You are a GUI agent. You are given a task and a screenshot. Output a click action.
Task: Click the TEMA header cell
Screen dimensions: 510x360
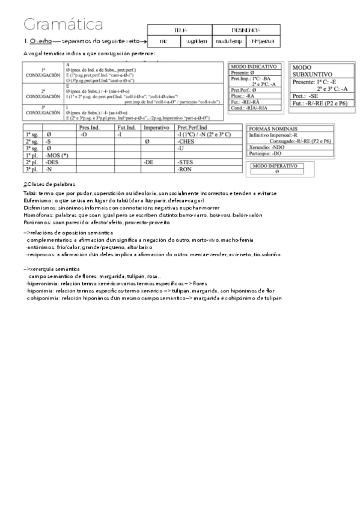pos(180,29)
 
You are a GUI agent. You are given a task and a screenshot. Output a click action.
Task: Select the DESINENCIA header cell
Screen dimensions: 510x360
pos(246,29)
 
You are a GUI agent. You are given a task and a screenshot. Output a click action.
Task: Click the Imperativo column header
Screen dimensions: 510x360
pos(156,128)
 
